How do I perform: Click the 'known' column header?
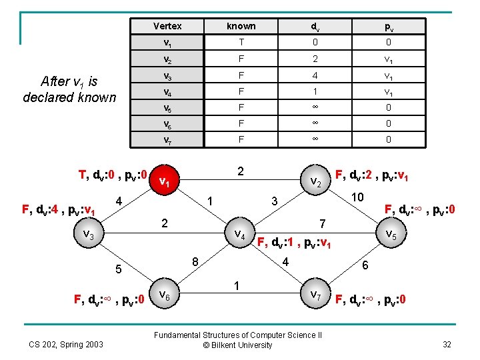point(241,26)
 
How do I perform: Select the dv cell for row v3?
point(314,75)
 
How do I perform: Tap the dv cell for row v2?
point(314,59)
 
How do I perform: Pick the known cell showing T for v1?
point(241,43)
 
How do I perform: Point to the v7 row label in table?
point(167,139)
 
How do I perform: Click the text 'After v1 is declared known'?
point(69,89)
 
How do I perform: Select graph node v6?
point(167,294)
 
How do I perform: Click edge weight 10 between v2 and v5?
point(357,197)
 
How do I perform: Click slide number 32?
point(446,344)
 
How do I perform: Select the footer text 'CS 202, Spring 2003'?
point(66,344)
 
